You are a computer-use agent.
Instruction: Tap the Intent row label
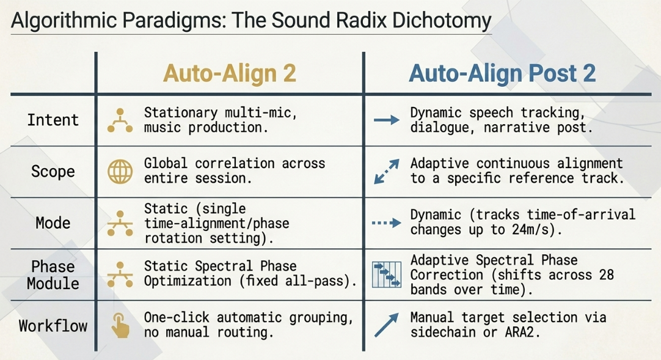tap(53, 120)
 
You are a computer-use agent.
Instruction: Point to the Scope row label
tap(53, 172)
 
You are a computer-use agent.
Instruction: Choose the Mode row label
tap(53, 223)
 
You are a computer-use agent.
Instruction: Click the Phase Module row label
tap(53, 275)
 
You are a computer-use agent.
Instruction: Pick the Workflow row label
tap(53, 326)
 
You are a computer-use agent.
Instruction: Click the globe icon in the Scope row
tap(120, 172)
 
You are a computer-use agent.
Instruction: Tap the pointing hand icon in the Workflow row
tap(120, 325)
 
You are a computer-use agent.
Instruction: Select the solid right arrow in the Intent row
tap(387, 120)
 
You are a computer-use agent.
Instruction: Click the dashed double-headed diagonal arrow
tap(387, 172)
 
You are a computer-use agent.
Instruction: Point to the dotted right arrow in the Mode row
tap(387, 222)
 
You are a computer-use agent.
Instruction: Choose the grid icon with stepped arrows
tap(387, 275)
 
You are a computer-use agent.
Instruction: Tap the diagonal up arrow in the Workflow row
tap(387, 325)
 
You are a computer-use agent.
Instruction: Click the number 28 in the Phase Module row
tap(606, 275)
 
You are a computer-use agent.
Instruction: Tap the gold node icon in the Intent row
tap(120, 120)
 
